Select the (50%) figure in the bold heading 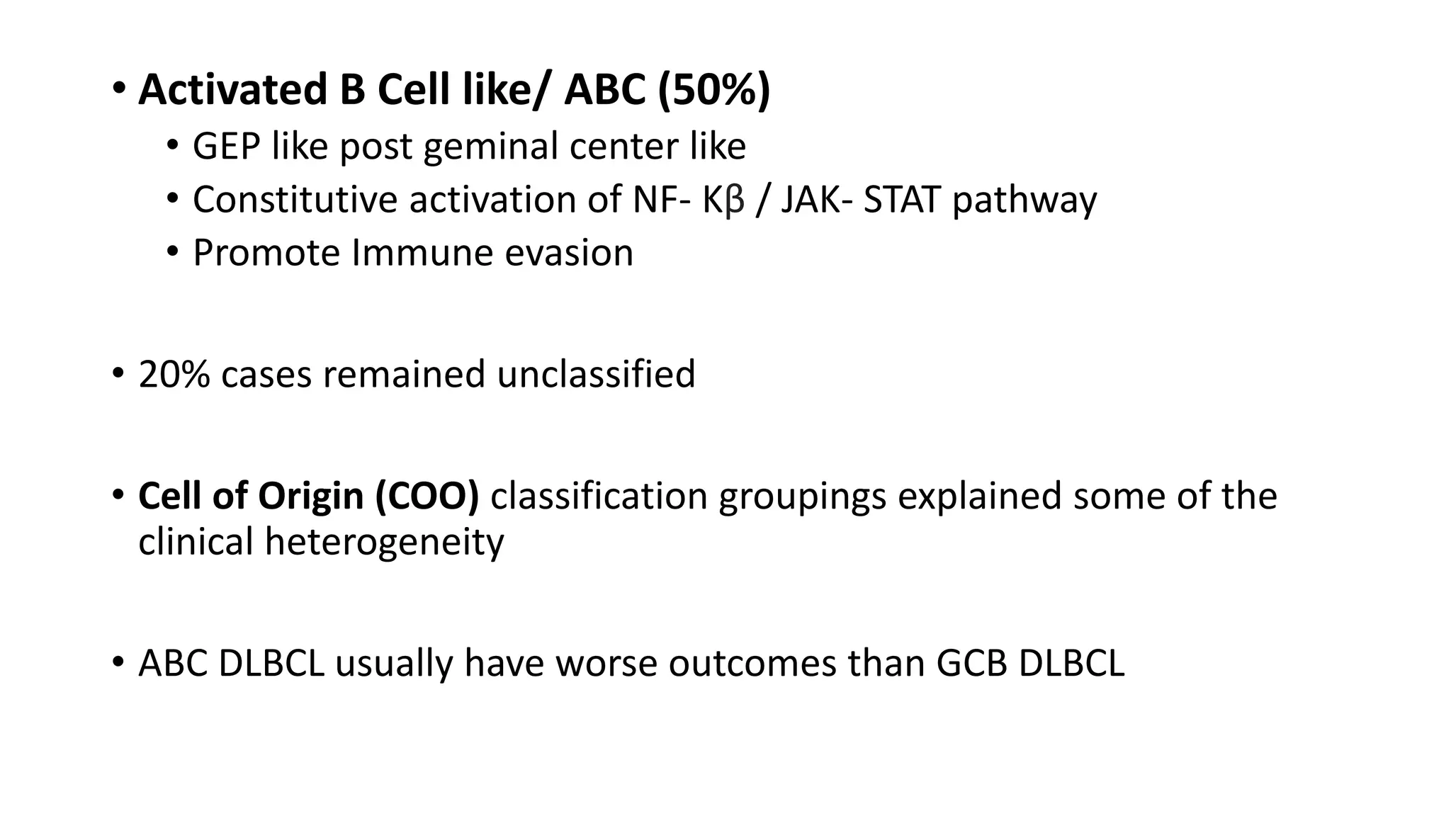(x=713, y=91)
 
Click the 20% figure (x=174, y=374)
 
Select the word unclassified (x=596, y=374)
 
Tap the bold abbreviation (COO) (x=427, y=496)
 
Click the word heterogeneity (x=384, y=543)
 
